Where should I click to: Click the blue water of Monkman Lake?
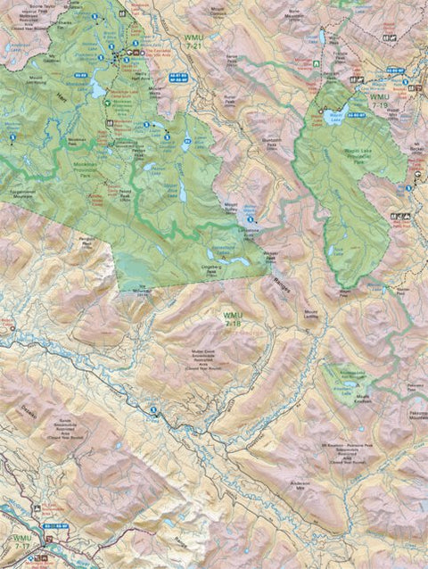click(96, 87)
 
